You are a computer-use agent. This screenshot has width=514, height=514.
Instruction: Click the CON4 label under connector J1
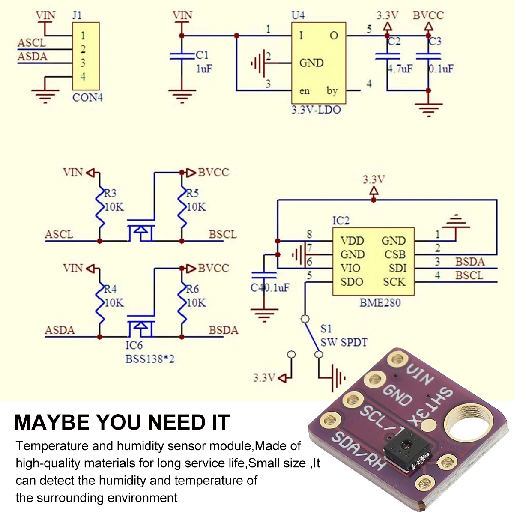point(87,97)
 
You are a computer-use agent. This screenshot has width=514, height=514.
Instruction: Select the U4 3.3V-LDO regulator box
point(318,63)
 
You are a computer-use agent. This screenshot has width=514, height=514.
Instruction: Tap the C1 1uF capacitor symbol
point(182,56)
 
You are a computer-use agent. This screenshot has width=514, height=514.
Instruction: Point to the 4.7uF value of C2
point(400,69)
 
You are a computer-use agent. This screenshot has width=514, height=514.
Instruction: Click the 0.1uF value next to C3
point(441,69)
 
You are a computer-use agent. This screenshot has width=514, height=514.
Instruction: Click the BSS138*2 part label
point(149,359)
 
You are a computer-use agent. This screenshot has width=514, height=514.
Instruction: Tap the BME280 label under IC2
point(380,303)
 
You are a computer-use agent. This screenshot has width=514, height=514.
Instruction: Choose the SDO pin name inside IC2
point(352,282)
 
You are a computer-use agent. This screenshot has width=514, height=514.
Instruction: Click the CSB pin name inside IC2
point(394,254)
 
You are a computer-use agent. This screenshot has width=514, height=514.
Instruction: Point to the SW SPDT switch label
point(344,342)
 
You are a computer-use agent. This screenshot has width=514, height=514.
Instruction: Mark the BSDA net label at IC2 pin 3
point(469,261)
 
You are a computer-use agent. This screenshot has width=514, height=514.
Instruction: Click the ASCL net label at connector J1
point(31,43)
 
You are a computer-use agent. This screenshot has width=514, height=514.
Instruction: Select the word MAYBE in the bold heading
point(51,422)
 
